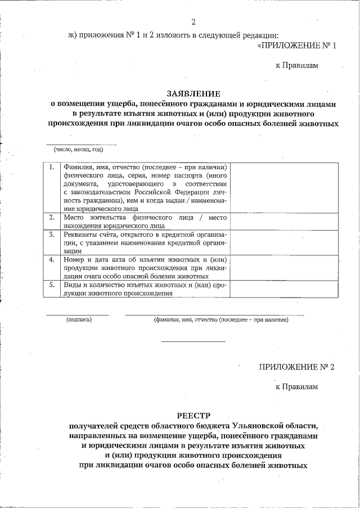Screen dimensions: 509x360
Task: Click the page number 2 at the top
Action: click(x=193, y=22)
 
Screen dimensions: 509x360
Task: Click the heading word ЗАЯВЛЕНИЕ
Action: click(x=193, y=93)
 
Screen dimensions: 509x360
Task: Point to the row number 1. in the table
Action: click(x=51, y=168)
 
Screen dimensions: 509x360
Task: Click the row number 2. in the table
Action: click(x=51, y=217)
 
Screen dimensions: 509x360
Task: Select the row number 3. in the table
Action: click(x=51, y=234)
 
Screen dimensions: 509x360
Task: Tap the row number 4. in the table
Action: click(x=51, y=260)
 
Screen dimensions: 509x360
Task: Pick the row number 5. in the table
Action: click(x=51, y=285)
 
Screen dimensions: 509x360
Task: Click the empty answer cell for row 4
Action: click(x=284, y=268)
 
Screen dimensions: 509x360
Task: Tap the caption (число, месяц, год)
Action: click(x=78, y=150)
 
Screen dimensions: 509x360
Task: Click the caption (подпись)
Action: click(x=79, y=319)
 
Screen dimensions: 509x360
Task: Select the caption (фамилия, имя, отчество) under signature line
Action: click(x=221, y=319)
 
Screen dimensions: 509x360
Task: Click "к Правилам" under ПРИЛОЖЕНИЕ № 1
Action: click(x=296, y=65)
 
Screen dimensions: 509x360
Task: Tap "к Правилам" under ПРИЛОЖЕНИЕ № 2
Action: click(x=296, y=387)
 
